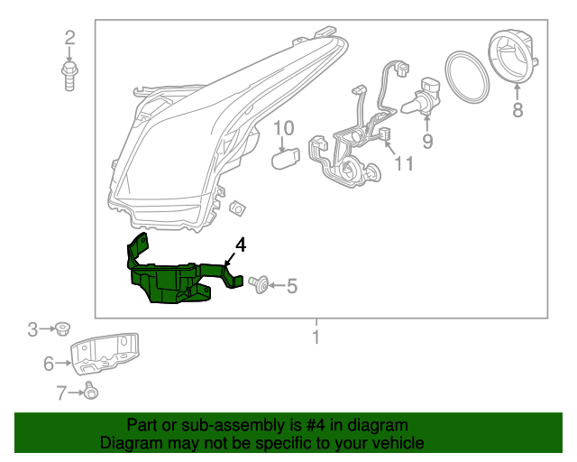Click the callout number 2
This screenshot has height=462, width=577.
click(69, 38)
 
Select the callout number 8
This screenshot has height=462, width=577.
click(517, 110)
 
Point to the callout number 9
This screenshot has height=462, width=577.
click(426, 141)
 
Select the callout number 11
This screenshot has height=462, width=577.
click(403, 163)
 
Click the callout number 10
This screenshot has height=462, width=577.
click(284, 129)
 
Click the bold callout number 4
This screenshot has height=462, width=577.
click(240, 245)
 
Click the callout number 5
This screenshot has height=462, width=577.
click(291, 287)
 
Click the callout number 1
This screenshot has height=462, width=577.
click(316, 338)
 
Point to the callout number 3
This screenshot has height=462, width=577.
click(32, 329)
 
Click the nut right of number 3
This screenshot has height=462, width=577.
click(63, 328)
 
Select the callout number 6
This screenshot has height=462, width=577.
click(49, 364)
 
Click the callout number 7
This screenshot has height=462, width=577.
click(61, 392)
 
